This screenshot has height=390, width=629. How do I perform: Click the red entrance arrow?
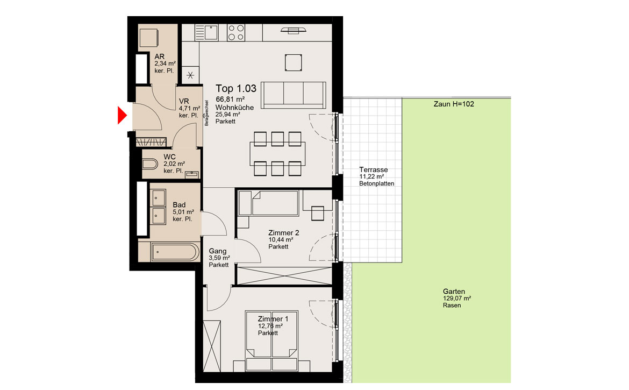(122, 115)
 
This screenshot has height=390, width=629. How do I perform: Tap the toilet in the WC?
(149, 164)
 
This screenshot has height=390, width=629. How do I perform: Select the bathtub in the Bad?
(175, 252)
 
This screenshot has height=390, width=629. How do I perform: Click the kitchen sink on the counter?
(206, 32)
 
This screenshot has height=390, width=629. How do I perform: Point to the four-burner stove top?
(236, 32)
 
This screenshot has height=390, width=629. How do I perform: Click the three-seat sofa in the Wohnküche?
(293, 95)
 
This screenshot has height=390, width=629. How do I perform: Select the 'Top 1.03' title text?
(236, 88)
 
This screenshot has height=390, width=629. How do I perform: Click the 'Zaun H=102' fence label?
(454, 104)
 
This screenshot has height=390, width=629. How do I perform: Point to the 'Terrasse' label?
(374, 170)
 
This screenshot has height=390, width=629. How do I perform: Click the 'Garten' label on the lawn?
(454, 292)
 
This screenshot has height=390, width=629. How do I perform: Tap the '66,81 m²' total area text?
(230, 99)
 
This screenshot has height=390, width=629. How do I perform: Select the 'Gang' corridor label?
(217, 251)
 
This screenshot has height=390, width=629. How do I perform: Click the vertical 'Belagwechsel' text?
(206, 113)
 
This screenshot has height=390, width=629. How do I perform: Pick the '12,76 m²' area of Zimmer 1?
(270, 326)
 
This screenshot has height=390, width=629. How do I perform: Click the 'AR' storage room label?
(159, 56)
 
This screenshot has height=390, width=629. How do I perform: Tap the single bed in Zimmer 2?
(269, 203)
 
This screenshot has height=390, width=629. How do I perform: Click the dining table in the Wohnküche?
(277, 154)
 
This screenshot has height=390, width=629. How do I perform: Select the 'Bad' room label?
(179, 205)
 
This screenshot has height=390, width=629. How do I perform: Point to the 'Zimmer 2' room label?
(284, 233)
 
